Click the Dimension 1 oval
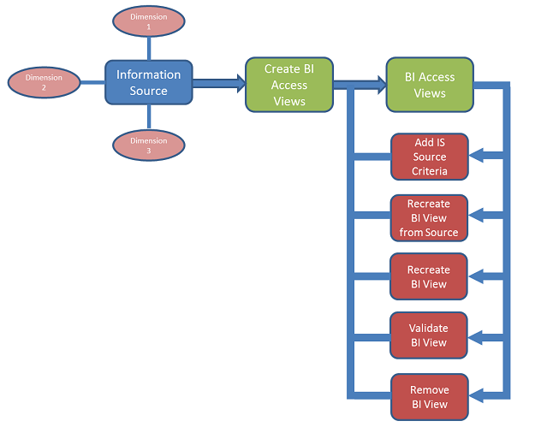[149, 21]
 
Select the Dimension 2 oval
[44, 82]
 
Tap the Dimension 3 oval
[149, 145]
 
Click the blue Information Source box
[149, 82]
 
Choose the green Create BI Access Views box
[289, 85]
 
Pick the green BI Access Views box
[430, 85]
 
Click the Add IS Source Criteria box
[430, 157]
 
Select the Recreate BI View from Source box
[429, 218]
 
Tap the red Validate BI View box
[429, 335]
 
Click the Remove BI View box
[430, 397]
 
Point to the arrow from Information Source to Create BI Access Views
[219, 83]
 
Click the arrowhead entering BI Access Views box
[383, 85]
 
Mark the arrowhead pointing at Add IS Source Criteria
[476, 155]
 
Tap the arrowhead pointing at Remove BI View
[476, 395]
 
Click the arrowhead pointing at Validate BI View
[476, 338]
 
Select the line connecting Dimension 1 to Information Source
[149, 49]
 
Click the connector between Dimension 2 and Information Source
[92, 82]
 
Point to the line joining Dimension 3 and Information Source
[149, 117]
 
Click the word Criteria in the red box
[430, 171]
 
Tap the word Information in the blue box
[148, 74]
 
